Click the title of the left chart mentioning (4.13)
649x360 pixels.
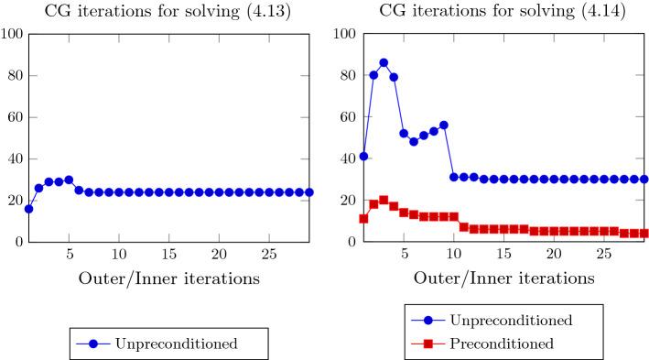pyautogui.click(x=162, y=11)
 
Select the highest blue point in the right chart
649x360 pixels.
pyautogui.click(x=384, y=63)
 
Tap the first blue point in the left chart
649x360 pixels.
pyautogui.click(x=29, y=209)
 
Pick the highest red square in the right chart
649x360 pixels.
pyautogui.click(x=384, y=200)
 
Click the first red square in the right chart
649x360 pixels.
pyautogui.click(x=363, y=219)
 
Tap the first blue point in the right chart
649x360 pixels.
pyautogui.click(x=363, y=157)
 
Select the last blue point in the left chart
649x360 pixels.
pyautogui.click(x=308, y=192)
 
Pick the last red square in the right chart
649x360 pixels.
pyautogui.click(x=644, y=234)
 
